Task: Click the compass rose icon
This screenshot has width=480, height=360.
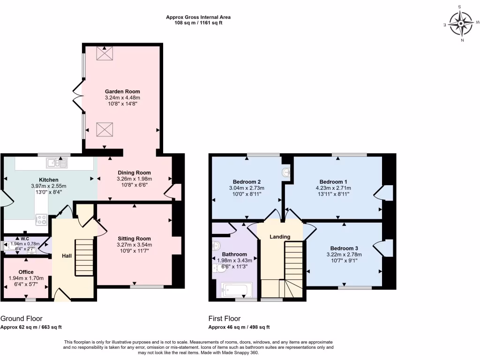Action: pyautogui.click(x=462, y=23)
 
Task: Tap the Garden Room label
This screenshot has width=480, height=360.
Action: pyautogui.click(x=122, y=91)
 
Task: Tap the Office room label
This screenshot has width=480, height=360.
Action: pyautogui.click(x=26, y=272)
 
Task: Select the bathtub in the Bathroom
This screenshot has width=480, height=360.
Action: pyautogui.click(x=236, y=290)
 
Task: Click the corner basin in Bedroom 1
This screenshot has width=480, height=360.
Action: pyautogui.click(x=286, y=173)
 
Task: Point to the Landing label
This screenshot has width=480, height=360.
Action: pyautogui.click(x=280, y=237)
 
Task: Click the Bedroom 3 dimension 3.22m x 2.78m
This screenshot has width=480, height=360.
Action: pyautogui.click(x=344, y=255)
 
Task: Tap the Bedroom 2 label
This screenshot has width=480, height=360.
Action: pyautogui.click(x=247, y=182)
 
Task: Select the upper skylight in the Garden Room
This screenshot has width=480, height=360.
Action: pyautogui.click(x=102, y=53)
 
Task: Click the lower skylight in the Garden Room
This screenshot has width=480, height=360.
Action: pyautogui.click(x=102, y=129)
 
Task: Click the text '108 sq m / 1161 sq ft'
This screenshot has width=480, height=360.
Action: pyautogui.click(x=198, y=22)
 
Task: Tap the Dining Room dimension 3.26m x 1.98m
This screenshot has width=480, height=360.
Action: pyautogui.click(x=135, y=179)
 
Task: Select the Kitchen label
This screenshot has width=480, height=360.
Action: pyautogui.click(x=49, y=180)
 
